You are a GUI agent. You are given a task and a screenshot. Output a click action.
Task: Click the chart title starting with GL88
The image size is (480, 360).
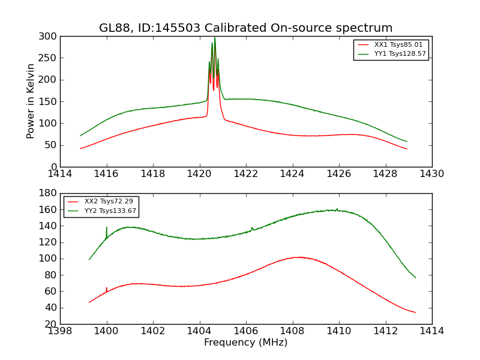[246, 28]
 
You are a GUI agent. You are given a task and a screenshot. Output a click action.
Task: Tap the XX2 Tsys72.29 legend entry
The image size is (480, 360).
[109, 201]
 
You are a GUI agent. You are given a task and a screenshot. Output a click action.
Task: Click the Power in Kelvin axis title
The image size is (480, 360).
[31, 101]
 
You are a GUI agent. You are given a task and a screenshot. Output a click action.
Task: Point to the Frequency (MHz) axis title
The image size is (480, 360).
[246, 343]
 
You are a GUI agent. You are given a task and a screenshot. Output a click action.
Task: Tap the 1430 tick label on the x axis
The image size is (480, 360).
[431, 174]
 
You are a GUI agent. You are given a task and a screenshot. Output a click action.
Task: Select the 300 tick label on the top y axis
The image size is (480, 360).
[49, 37]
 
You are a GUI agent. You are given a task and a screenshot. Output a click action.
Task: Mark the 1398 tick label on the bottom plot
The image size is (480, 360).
[60, 331]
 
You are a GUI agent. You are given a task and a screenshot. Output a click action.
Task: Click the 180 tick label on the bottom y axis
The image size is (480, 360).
[49, 193]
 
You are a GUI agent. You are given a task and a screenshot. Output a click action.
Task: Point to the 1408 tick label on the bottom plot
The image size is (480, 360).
[292, 331]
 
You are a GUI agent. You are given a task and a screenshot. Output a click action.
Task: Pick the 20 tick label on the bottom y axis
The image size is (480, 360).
[52, 324]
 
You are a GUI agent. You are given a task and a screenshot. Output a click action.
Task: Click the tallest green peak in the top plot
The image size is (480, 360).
[215, 39]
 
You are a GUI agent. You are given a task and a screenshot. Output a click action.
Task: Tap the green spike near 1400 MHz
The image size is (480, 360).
[107, 228]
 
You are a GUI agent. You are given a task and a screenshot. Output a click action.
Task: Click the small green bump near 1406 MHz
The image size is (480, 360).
[252, 228]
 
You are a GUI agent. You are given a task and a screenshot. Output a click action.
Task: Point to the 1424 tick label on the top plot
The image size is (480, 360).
[292, 174]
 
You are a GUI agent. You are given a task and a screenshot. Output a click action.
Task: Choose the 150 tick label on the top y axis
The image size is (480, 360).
[49, 101]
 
